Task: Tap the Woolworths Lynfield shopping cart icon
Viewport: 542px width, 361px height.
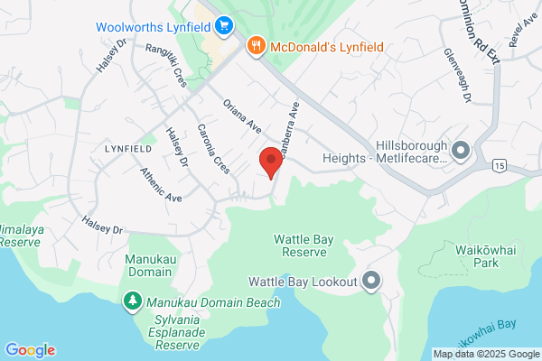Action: tap(224, 24)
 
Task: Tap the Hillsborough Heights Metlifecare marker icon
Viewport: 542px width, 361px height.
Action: tap(461, 150)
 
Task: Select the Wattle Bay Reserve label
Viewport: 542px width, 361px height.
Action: tap(305, 245)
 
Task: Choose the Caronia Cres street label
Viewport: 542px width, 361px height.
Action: tap(214, 149)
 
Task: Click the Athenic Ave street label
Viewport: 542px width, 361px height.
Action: tap(161, 184)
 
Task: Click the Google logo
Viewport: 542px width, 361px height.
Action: tap(30, 350)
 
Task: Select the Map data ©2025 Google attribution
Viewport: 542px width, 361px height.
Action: tap(485, 354)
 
